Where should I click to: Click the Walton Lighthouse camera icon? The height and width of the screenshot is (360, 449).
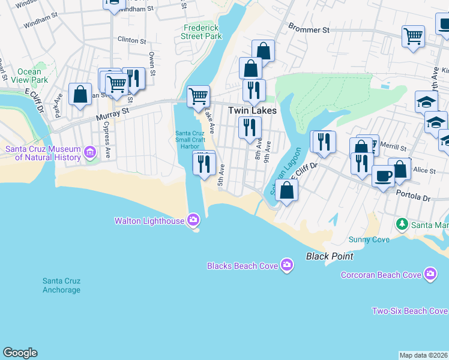[x=193, y=220]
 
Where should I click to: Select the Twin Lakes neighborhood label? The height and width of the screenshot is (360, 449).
[x=252, y=111]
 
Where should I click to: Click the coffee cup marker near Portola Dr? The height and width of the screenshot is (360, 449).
[x=383, y=176]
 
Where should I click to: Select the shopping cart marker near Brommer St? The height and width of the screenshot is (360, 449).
[x=413, y=37]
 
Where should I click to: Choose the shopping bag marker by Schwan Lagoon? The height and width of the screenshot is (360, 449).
[x=287, y=191]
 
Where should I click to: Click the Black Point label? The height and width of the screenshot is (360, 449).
[x=329, y=256]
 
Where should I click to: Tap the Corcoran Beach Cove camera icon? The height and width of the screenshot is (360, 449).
[x=430, y=275]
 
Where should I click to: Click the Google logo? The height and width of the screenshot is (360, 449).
[x=20, y=353]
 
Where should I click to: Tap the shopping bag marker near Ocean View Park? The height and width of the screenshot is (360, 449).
[x=80, y=95]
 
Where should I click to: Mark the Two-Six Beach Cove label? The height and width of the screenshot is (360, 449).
[x=409, y=311]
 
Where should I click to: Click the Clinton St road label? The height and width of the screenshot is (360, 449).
[x=132, y=41]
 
